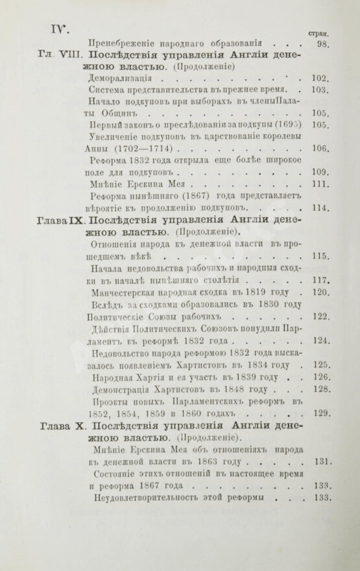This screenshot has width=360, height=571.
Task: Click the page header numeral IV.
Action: (x=53, y=29)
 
